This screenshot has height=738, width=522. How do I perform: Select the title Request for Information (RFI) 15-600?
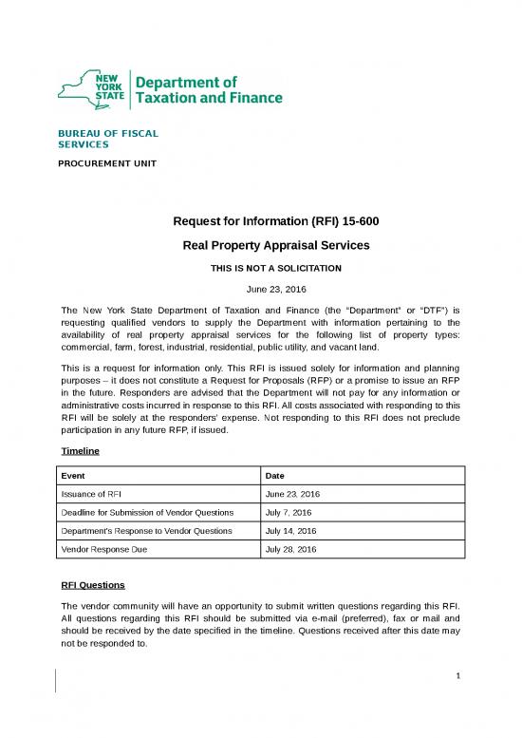(x=276, y=223)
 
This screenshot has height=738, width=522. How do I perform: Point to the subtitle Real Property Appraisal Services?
(x=276, y=246)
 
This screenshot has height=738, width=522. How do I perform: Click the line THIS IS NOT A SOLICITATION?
(x=276, y=268)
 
